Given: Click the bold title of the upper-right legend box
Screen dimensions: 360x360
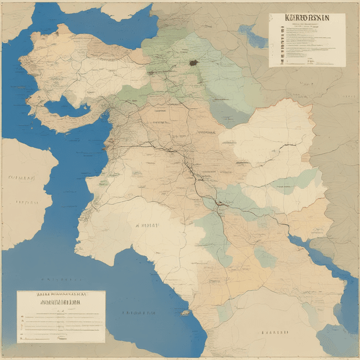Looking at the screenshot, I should click(307, 18).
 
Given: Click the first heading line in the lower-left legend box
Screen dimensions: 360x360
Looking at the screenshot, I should click(60, 294).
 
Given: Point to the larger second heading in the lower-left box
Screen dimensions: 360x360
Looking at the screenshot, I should click(60, 301).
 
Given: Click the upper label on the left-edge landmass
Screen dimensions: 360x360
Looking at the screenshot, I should click(21, 177).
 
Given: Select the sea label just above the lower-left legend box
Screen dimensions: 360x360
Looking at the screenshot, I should click(62, 279).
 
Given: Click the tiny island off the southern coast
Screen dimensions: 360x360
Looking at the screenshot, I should click(184, 312).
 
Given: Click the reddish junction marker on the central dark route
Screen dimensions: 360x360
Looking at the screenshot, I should click(221, 204).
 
